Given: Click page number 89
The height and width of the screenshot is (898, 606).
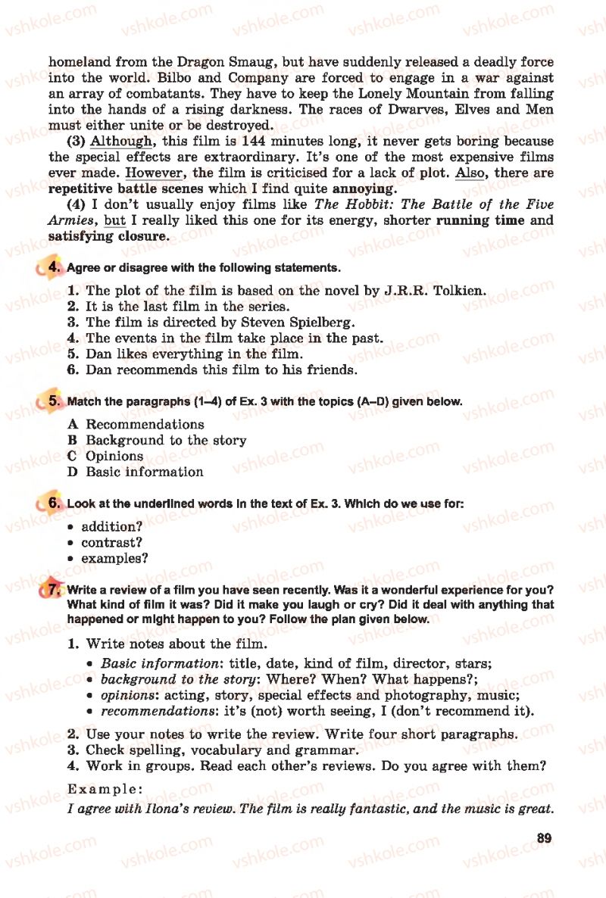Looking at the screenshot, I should pyautogui.click(x=542, y=837).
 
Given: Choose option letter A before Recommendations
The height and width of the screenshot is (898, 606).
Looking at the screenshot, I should pyautogui.click(x=73, y=425).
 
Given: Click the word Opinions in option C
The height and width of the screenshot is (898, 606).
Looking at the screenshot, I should pyautogui.click(x=114, y=457).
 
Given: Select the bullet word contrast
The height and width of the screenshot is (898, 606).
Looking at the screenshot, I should pyautogui.click(x=111, y=543).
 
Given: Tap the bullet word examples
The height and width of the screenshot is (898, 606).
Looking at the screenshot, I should pyautogui.click(x=114, y=559).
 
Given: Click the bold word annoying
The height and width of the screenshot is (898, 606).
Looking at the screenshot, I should pyautogui.click(x=363, y=189).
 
